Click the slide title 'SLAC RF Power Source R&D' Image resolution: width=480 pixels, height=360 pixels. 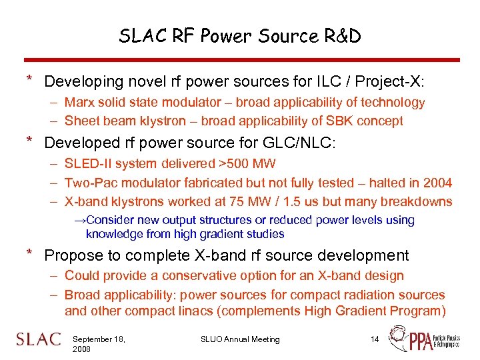click(240, 36)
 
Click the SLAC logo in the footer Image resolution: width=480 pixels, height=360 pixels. click(39, 339)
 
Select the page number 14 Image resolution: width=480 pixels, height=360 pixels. click(375, 339)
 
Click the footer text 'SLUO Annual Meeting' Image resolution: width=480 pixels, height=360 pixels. click(240, 339)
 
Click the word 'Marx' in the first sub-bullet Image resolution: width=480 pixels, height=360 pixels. click(79, 103)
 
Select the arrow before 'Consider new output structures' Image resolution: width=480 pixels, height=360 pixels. click(79, 220)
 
